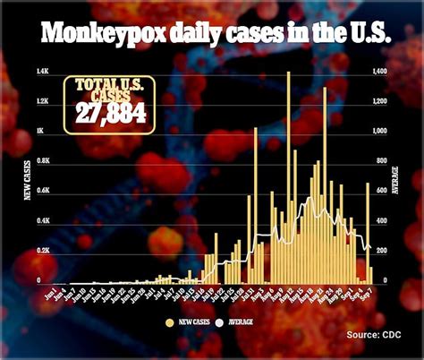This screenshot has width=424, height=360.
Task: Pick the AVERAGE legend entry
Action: [x=241, y=321]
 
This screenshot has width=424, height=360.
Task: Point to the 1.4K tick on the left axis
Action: [x=42, y=71]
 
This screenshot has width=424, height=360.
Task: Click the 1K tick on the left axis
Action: [x=39, y=131]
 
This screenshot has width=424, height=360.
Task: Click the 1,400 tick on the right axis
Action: [x=379, y=71]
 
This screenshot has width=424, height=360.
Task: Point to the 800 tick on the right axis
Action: [x=380, y=161]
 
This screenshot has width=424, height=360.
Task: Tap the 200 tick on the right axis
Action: [x=380, y=252]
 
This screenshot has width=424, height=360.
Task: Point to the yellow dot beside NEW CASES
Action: [x=169, y=321]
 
